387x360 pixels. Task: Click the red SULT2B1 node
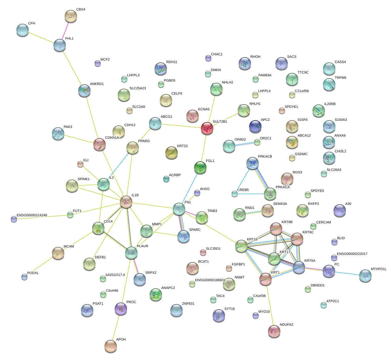(207, 128)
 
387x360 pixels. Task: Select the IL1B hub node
(126, 202)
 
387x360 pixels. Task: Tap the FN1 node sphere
(179, 209)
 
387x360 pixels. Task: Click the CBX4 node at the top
(71, 16)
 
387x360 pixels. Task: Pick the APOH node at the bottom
(111, 346)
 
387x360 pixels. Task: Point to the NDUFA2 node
(274, 331)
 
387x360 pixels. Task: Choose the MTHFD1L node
(365, 276)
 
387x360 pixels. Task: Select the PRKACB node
(253, 163)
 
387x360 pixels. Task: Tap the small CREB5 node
(235, 194)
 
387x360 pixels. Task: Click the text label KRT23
(182, 146)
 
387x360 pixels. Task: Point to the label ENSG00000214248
(32, 215)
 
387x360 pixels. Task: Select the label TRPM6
(340, 78)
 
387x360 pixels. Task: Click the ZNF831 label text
(188, 303)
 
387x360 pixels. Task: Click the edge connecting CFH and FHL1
(41, 37)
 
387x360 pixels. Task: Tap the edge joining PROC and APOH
(116, 328)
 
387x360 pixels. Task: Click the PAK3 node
(58, 133)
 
